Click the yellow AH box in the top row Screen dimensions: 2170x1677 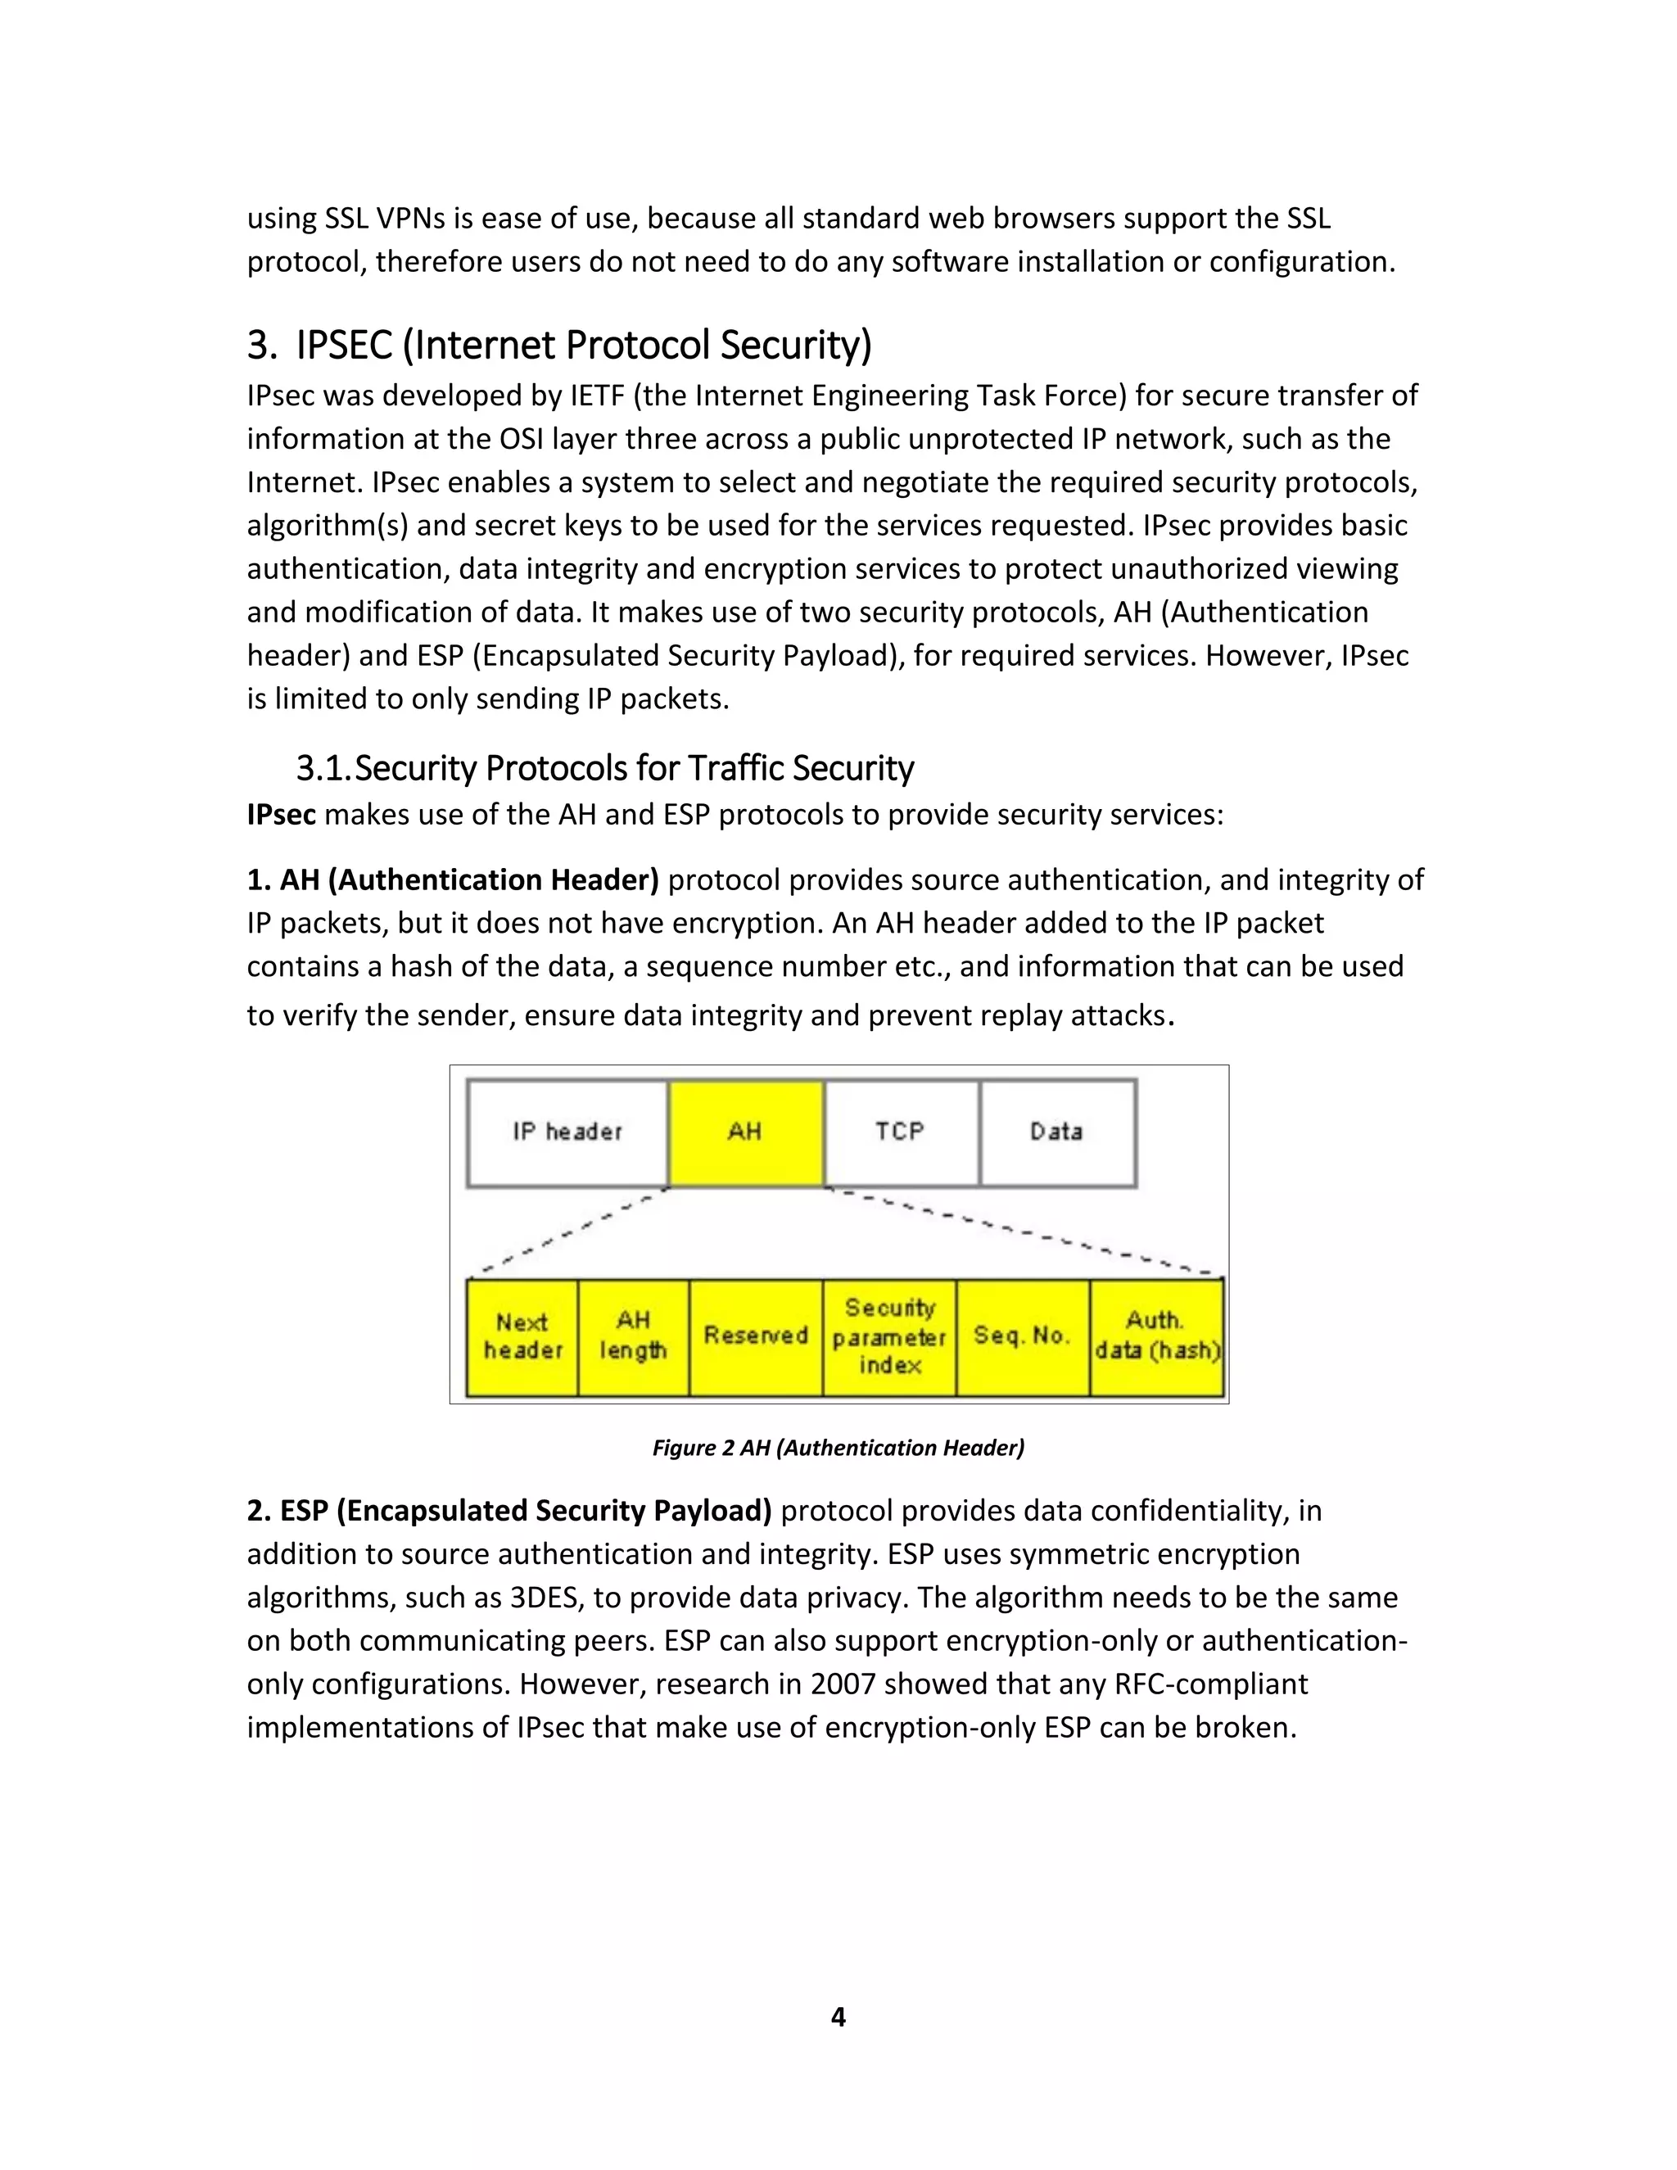pos(745,1132)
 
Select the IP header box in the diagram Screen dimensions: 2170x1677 pos(567,1132)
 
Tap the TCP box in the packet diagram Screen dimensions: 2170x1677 pos(901,1132)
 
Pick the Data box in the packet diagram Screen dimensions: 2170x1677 pos(1057,1132)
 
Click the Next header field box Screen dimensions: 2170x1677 pos(522,1337)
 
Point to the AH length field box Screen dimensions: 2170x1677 pos(633,1337)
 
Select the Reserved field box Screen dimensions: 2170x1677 pos(755,1337)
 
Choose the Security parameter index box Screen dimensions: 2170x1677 pos(889,1337)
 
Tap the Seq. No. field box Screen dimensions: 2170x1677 pos(1022,1337)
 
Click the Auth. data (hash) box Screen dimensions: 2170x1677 pos(1156,1337)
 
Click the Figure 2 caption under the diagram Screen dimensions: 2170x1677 pos(838,1448)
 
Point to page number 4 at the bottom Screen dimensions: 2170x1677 pos(838,2017)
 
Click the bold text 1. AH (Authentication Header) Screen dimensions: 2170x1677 pos(453,880)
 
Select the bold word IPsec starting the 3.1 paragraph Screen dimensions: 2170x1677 pos(281,815)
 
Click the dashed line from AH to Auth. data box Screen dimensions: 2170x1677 pos(1024,1232)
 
